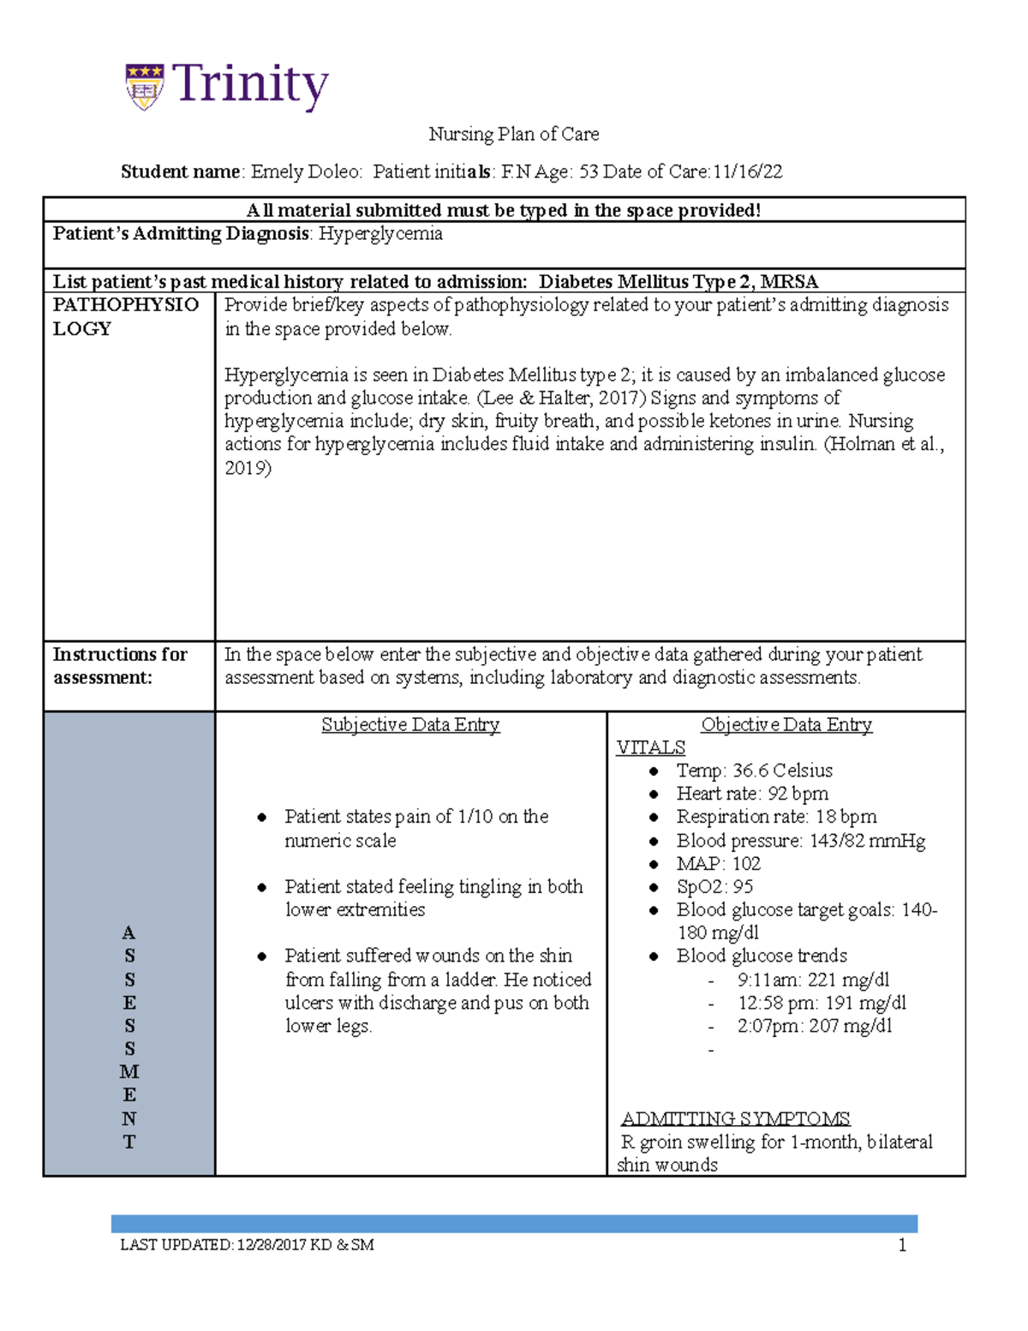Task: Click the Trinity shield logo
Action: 144,86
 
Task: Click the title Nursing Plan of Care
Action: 513,134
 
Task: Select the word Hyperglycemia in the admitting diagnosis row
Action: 380,234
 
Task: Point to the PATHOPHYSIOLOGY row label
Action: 125,316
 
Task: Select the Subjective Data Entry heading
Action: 410,725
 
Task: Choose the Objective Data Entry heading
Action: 786,725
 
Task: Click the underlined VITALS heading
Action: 650,747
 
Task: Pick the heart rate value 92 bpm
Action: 798,794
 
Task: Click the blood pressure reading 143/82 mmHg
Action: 867,841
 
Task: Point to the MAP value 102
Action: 746,864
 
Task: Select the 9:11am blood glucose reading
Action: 813,980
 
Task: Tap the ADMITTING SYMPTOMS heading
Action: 735,1118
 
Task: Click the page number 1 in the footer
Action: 902,1245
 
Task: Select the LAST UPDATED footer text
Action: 247,1245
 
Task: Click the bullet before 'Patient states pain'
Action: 262,818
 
